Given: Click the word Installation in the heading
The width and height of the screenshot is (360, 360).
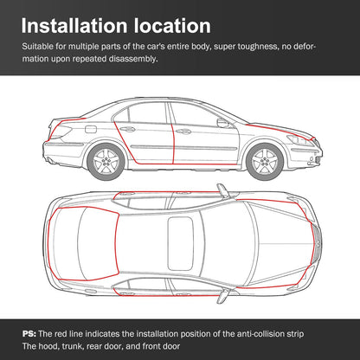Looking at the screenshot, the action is (74, 26).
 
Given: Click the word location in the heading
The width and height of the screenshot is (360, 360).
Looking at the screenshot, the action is (172, 26).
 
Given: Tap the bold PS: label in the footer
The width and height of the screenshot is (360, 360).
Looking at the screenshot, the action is (29, 334).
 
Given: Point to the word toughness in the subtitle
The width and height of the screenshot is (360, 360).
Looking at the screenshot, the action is (257, 47).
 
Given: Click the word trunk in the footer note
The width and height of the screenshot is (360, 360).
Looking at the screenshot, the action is (72, 346).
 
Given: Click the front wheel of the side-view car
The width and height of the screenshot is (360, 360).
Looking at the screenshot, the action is (265, 162).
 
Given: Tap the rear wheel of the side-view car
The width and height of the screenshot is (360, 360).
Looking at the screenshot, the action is (106, 162).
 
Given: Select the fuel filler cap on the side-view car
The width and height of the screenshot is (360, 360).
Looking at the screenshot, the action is (91, 129).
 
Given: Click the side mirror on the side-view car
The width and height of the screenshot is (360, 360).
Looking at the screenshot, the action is (223, 123).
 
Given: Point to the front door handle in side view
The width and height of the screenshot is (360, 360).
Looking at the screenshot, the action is (183, 132).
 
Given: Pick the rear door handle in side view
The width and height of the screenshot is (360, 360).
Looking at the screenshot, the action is (128, 129).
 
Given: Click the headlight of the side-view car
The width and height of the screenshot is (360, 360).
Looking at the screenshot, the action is (299, 140).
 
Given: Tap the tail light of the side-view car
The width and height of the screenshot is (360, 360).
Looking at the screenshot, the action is (60, 131).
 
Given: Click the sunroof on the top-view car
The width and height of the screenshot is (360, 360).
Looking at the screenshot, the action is (180, 244).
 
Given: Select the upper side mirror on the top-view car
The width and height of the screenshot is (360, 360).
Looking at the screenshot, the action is (223, 190).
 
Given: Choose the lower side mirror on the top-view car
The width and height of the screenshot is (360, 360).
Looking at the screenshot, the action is (223, 296).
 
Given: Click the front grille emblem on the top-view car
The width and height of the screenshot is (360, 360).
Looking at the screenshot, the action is (318, 244).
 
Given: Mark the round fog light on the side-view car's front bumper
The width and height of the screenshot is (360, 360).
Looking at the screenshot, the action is (311, 158).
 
